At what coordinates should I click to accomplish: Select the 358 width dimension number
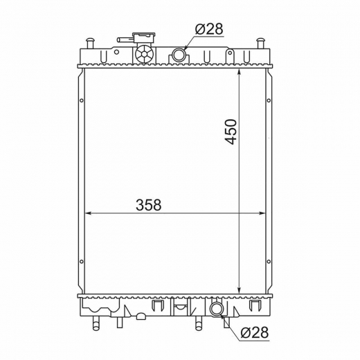pyautogui.click(x=149, y=205)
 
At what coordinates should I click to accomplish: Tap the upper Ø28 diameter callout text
pyautogui.click(x=209, y=29)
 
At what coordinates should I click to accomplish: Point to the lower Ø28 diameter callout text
pyautogui.click(x=255, y=332)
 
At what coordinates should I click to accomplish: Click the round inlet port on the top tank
pyautogui.click(x=179, y=55)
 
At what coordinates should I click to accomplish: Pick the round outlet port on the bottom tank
pyautogui.click(x=216, y=309)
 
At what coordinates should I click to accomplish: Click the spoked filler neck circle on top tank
pyautogui.click(x=144, y=54)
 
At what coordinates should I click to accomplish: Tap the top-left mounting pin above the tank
pyautogui.click(x=90, y=43)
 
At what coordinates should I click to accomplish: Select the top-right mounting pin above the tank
pyautogui.click(x=261, y=43)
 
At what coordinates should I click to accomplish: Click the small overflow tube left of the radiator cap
pyautogui.click(x=124, y=40)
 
